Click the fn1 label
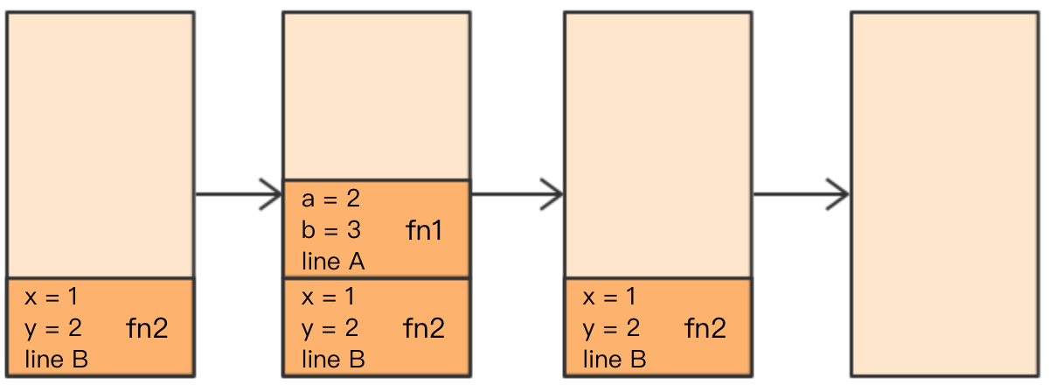click(x=424, y=231)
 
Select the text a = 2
click(x=331, y=199)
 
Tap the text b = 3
click(x=331, y=230)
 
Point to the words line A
click(x=333, y=262)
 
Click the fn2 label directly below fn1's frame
click(x=424, y=328)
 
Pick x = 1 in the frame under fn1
click(x=329, y=297)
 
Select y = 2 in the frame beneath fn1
click(x=330, y=328)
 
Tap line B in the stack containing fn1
click(x=333, y=360)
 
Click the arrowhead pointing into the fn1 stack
click(x=272, y=194)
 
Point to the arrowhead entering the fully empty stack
click(x=837, y=194)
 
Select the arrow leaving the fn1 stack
click(x=517, y=194)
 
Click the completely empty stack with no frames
click(x=945, y=194)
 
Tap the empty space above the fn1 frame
click(x=377, y=95)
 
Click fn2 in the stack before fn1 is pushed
click(x=147, y=328)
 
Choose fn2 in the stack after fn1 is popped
click(x=705, y=328)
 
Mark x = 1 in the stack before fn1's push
click(x=52, y=297)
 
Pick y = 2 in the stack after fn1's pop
click(x=612, y=328)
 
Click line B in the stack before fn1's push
click(x=56, y=360)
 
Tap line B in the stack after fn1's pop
click(x=615, y=360)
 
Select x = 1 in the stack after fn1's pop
click(x=609, y=297)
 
